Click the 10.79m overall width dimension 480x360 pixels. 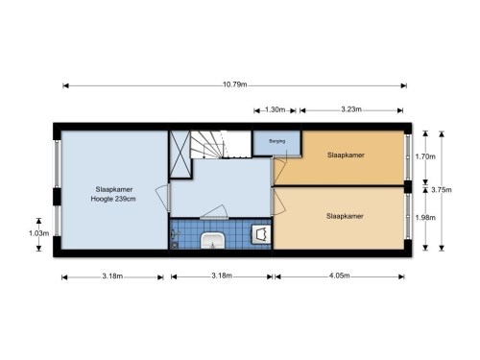tap(235, 84)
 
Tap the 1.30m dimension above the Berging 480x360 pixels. tap(275, 109)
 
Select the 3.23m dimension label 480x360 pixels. tap(351, 109)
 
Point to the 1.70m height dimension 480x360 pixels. tap(425, 156)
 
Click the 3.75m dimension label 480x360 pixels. tap(442, 190)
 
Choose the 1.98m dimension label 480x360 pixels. tap(425, 218)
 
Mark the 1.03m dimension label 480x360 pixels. tap(38, 233)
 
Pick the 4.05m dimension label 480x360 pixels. tap(340, 276)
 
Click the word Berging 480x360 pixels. tap(277, 141)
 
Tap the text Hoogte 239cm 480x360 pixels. tap(113, 199)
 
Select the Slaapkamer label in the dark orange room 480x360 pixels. tap(346, 156)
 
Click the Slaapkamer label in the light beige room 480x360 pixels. tap(345, 216)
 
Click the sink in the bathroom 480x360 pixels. tap(212, 241)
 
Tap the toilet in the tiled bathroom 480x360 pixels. tap(261, 234)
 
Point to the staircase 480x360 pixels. tap(221, 144)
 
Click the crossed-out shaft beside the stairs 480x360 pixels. tap(180, 155)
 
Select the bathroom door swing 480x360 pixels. tap(214, 212)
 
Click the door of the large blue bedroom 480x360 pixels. tap(163, 199)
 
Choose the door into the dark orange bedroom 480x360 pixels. tap(278, 171)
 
